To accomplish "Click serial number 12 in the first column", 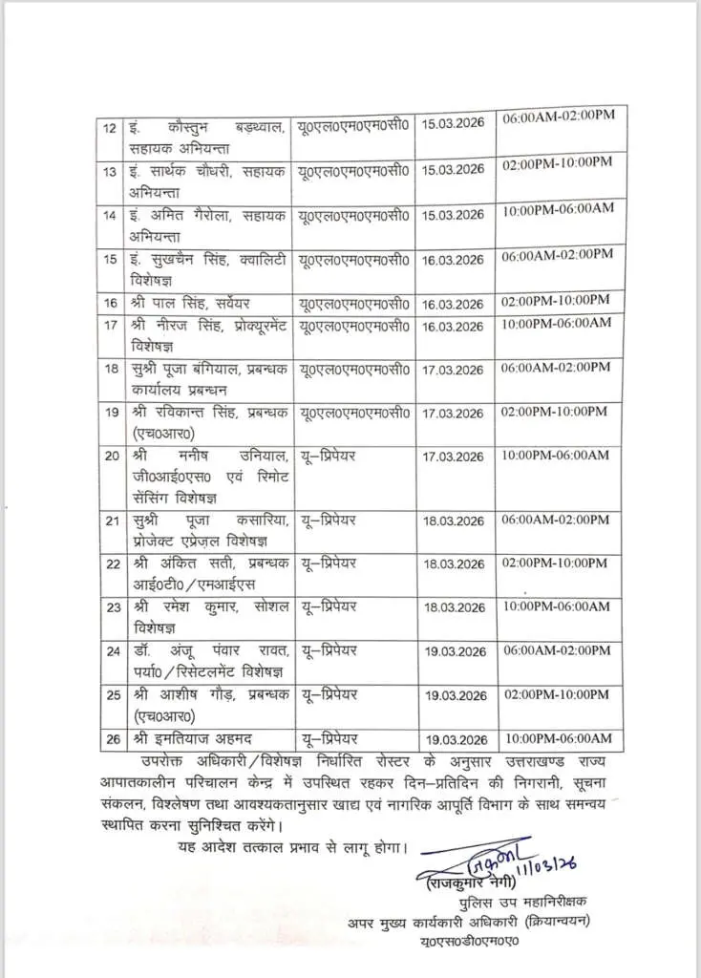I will click(x=110, y=128).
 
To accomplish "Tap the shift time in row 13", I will click(x=557, y=163).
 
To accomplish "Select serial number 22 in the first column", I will click(x=112, y=563).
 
